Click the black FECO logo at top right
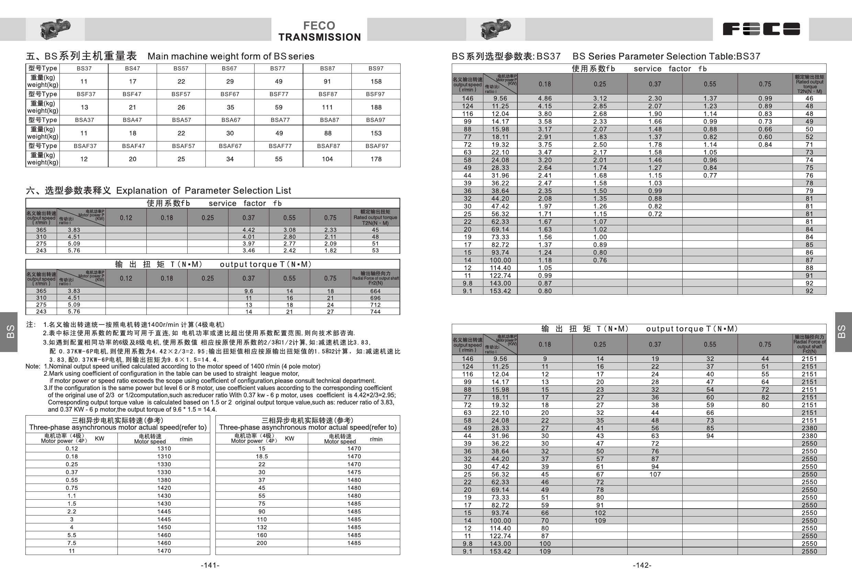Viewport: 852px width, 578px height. [x=761, y=29]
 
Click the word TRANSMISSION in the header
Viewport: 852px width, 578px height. [x=319, y=37]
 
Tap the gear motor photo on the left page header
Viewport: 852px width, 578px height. [x=55, y=29]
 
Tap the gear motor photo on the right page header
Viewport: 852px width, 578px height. [x=495, y=29]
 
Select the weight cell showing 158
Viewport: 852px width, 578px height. [x=376, y=81]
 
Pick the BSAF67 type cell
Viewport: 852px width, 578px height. [x=230, y=146]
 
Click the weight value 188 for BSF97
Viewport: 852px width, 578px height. [x=376, y=107]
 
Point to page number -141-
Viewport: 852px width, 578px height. [x=210, y=565]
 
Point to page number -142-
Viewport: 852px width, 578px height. [x=642, y=565]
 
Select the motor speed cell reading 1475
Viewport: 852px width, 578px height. [x=354, y=472]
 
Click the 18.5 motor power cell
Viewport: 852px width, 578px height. [x=262, y=456]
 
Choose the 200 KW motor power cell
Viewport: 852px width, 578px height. [x=262, y=543]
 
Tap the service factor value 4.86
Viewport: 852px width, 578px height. [x=545, y=98]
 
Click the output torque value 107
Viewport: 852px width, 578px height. [x=655, y=474]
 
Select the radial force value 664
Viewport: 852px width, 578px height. [x=375, y=291]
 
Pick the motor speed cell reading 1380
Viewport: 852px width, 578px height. [x=164, y=480]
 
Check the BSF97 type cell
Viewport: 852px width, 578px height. [x=375, y=94]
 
